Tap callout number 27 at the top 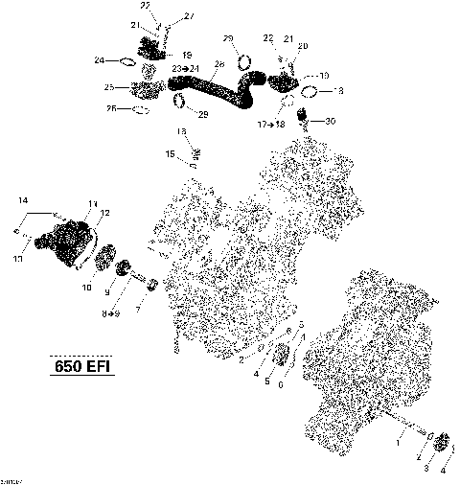click(188, 16)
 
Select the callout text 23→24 click(185, 69)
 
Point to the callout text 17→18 click(271, 125)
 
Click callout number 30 click(331, 121)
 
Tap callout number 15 click(169, 153)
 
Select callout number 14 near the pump click(22, 199)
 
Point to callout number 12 click(104, 213)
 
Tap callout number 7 click(139, 310)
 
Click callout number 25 click(110, 87)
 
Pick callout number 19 click(187, 55)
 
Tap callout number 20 click(303, 46)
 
